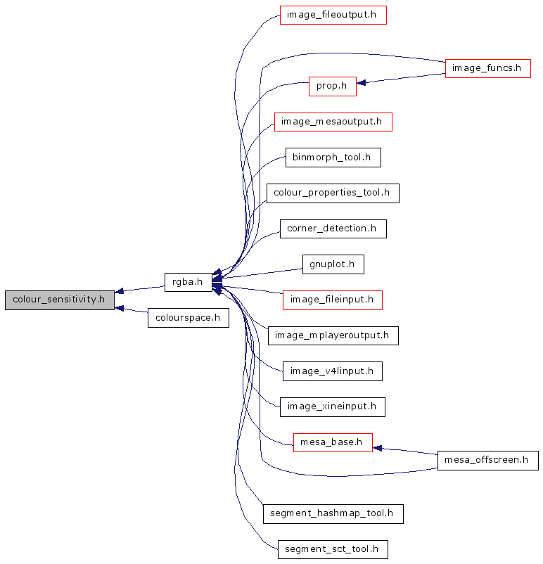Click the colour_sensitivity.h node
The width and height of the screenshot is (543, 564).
coord(59,300)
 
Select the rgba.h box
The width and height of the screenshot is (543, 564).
coord(187,283)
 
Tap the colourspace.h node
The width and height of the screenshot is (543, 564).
coord(189,318)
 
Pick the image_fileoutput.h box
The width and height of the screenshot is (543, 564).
coord(333,15)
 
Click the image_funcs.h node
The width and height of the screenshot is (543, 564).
coord(487,68)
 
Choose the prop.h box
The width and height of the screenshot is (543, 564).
coord(332,86)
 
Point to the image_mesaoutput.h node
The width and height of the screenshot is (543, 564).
coord(332,122)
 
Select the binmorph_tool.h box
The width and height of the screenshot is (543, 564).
coord(333,158)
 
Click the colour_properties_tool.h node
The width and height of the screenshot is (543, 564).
coord(333,193)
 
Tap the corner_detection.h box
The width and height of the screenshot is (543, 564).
coord(333,229)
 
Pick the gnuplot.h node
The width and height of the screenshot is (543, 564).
coord(333,264)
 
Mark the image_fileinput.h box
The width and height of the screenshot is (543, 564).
coord(333,300)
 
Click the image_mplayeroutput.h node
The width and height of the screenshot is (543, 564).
coord(333,335)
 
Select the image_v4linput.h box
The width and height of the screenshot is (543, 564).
coord(332,371)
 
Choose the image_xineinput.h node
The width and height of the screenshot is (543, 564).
coord(332,406)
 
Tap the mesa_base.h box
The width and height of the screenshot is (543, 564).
coord(332,442)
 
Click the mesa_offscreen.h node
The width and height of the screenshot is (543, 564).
coord(487,461)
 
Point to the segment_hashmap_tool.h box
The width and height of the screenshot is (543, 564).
coord(333,514)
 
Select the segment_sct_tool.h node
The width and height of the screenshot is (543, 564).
coord(333,549)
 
